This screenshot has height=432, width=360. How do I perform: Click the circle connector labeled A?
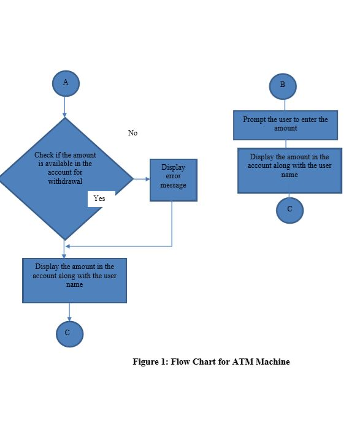tap(66, 83)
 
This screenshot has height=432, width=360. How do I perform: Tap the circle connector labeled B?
tap(283, 86)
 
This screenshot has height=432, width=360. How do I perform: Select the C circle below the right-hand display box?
tap(289, 210)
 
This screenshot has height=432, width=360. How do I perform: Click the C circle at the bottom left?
tap(69, 334)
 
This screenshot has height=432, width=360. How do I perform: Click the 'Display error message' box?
tap(173, 180)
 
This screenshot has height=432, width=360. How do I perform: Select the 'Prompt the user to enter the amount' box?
tap(285, 125)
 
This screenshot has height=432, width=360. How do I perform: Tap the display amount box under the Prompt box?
tap(289, 170)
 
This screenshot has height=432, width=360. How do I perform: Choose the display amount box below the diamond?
tap(75, 281)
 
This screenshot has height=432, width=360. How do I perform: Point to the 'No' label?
tap(132, 133)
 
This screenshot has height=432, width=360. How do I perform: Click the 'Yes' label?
tap(99, 199)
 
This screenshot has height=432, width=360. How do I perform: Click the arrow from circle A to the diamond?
tap(64, 107)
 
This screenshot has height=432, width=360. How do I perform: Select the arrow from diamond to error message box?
tap(142, 179)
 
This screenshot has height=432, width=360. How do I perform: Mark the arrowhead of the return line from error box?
tap(67, 246)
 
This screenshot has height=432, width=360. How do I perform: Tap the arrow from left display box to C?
tap(69, 312)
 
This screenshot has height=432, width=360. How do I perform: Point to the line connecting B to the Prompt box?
tap(284, 105)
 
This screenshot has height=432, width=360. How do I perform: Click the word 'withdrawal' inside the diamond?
tap(65, 181)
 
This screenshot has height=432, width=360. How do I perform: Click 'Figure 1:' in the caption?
tap(150, 362)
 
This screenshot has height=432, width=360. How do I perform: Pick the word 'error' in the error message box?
tap(173, 176)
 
